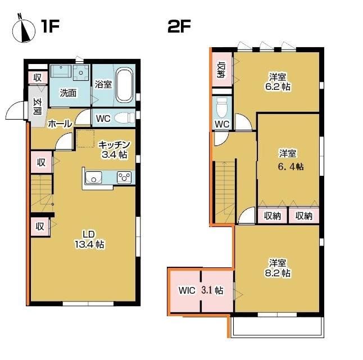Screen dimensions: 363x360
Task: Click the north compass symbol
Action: pos(24,29)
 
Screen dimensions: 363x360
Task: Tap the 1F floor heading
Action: pos(50,26)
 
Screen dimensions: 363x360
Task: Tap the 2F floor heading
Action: pos(179,26)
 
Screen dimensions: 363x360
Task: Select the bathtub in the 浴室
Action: pos(125,85)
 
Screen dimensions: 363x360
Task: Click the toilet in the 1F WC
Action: pos(124,117)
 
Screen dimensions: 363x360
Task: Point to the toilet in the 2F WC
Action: pos(222,108)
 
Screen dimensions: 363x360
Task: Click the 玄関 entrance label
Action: pos(37,107)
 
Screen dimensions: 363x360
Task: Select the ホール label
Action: pos(60,124)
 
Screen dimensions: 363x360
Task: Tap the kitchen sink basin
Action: pos(93,177)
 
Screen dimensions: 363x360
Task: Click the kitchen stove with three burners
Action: pos(124,177)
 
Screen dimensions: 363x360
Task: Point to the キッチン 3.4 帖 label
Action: pos(114,149)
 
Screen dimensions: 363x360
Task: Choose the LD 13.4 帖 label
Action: pos(89,240)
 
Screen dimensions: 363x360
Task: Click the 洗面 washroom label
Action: pos(68,93)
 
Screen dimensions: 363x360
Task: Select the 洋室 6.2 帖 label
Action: pos(278,81)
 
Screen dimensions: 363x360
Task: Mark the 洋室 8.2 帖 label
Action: pos(278,268)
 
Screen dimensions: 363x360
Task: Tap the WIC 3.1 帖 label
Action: pos(201,290)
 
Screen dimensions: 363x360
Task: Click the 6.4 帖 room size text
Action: pos(291,167)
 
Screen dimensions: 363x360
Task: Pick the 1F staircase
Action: pos(42,193)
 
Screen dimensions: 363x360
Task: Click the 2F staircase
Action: pos(224,192)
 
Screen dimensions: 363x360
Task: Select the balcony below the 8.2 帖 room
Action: pos(277,326)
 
